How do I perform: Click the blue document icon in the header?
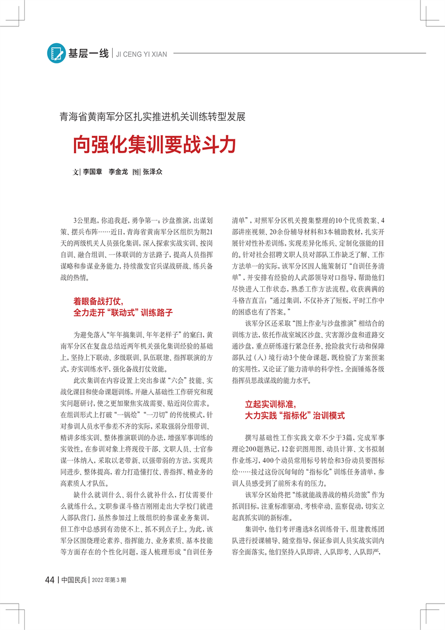coord(56,53)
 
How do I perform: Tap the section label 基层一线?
coord(88,54)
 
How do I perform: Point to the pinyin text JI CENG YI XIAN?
coord(143,54)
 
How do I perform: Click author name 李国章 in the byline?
coord(94,173)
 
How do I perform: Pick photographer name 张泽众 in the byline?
coord(152,173)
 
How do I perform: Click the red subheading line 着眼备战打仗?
coord(98,301)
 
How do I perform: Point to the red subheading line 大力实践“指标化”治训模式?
coord(295,416)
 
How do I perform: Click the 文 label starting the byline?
coord(76,173)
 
